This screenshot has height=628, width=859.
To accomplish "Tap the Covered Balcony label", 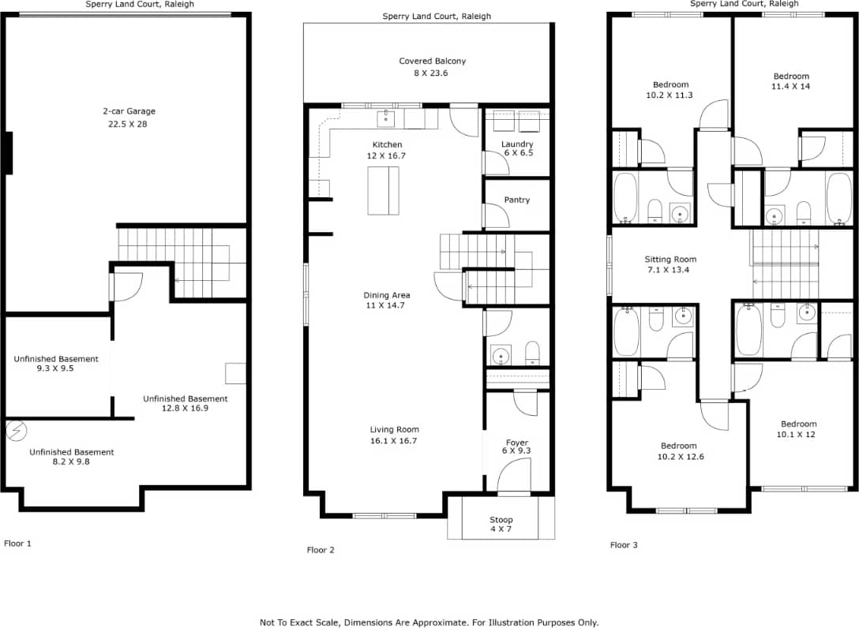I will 432,62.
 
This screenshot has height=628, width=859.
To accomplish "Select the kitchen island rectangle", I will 383,191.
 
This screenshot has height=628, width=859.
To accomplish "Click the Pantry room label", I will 516,200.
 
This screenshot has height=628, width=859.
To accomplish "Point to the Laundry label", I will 517,144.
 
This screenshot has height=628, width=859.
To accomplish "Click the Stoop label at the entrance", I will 501,520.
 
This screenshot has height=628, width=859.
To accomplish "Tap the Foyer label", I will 517,443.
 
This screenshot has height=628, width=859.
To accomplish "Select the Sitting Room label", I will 670,260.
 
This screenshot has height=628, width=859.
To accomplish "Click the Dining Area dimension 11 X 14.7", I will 387,305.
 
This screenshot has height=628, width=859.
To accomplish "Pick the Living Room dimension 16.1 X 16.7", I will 393,441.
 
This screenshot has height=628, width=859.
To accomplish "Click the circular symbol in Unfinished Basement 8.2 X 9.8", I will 16,431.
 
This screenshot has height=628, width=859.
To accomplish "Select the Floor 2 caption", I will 321,550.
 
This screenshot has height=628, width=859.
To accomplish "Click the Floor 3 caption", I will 624,544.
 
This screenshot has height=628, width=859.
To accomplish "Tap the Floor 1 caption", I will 18,544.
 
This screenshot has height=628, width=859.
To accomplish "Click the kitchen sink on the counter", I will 386,119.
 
